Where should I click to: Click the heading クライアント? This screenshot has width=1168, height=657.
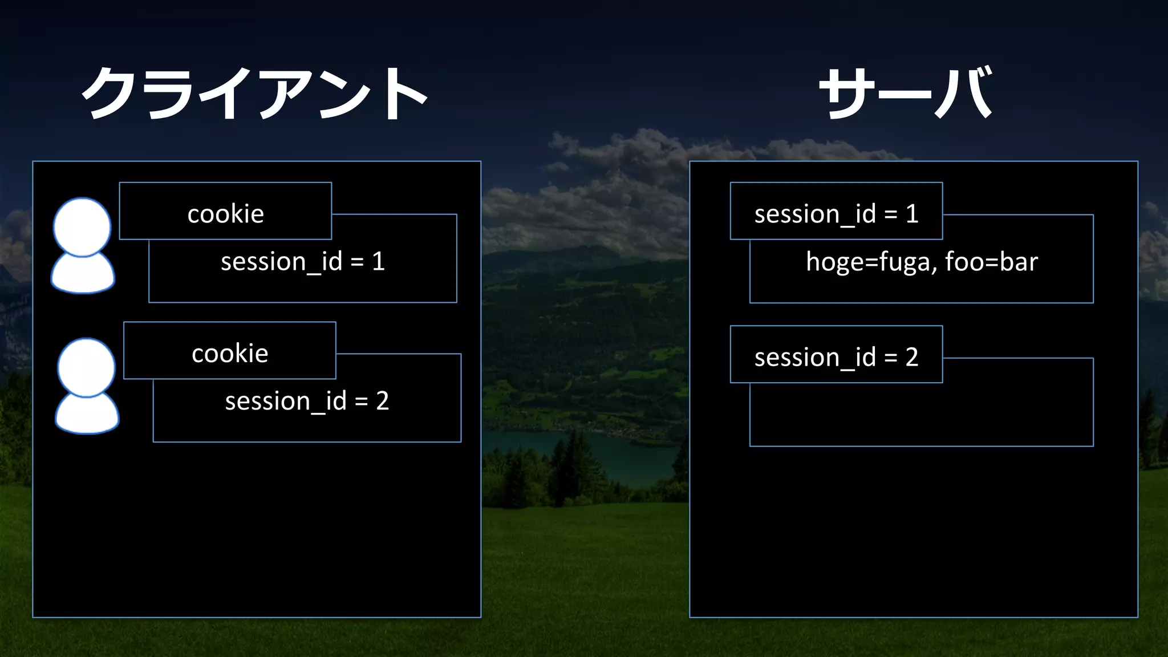tap(255, 93)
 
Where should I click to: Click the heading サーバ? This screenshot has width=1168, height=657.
tap(906, 93)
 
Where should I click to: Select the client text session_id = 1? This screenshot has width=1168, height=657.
tap(302, 262)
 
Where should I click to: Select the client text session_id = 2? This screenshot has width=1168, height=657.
tap(307, 401)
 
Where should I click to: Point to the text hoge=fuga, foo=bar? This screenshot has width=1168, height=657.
tap(922, 262)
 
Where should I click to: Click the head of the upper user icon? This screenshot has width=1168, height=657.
tap(82, 226)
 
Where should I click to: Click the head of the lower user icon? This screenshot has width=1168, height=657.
tap(86, 367)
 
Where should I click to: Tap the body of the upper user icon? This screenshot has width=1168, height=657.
tap(83, 275)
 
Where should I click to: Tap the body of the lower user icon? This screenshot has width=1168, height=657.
tap(87, 415)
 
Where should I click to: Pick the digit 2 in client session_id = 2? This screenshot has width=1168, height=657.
tap(382, 401)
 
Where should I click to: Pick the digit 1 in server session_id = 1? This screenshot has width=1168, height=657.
tap(912, 214)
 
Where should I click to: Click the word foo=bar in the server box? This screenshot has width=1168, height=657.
tap(991, 262)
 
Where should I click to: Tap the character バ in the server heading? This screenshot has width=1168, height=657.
tap(964, 93)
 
